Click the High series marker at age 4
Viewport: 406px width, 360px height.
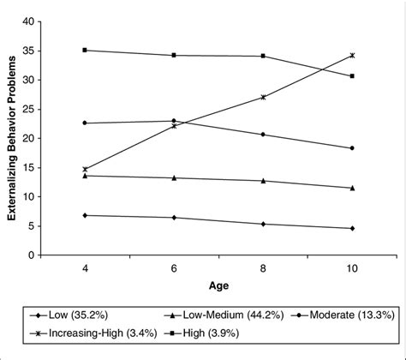85,50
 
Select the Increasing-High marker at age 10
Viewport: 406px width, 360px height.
352,55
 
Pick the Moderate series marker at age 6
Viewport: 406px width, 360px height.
174,121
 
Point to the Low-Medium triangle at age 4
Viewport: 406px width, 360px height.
85,175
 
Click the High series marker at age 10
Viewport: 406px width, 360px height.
352,76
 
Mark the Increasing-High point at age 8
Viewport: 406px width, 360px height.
263,97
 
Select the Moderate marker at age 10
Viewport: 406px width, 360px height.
352,148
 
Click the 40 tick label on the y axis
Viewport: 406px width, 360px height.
29,21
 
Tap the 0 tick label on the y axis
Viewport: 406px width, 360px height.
33,255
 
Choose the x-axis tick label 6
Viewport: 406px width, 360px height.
174,269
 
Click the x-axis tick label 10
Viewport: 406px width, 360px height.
352,269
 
